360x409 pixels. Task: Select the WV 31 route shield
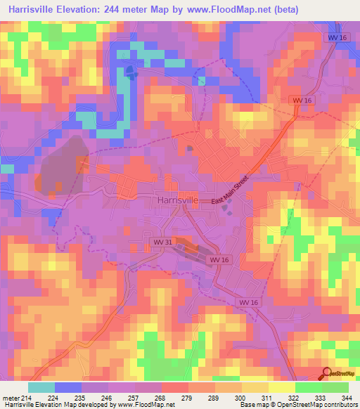tap(162, 242)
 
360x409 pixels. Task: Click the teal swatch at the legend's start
tap(41, 387)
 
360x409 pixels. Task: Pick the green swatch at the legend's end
tap(335, 387)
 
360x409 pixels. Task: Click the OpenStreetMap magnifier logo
tap(326, 373)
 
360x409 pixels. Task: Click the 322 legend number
tap(292, 397)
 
